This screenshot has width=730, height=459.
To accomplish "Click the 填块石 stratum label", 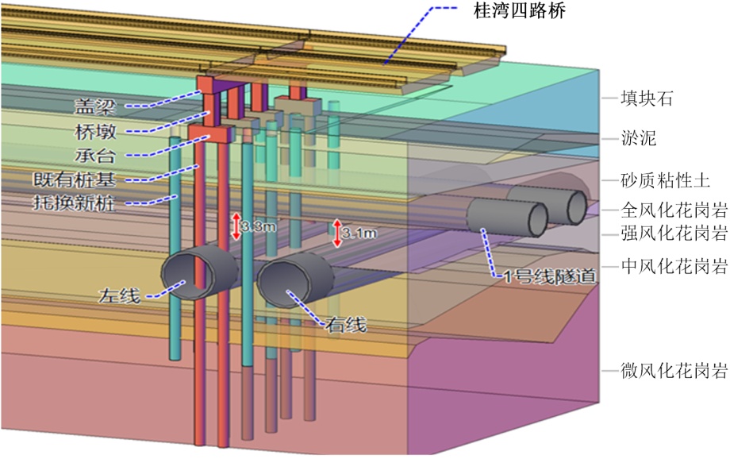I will tap(647, 99).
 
